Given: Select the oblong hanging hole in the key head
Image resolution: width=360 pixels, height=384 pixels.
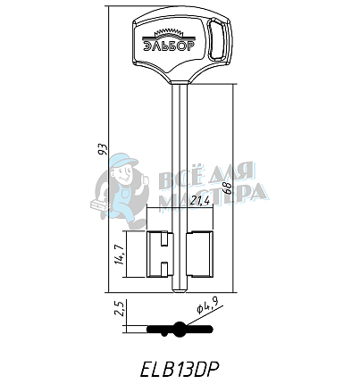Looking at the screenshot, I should (x=216, y=41).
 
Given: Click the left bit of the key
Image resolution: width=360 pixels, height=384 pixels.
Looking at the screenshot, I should (x=161, y=253).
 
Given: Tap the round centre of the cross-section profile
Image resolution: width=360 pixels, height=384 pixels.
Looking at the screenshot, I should (x=181, y=327).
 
